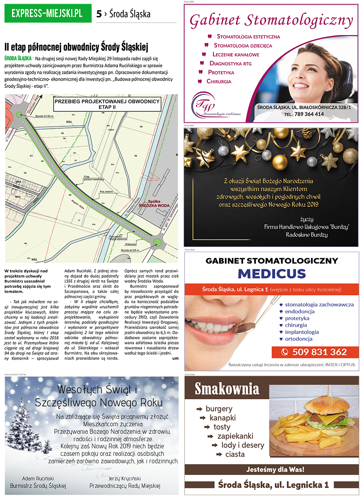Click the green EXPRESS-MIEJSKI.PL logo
[47, 13]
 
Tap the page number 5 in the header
[99, 14]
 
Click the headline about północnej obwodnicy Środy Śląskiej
[76, 47]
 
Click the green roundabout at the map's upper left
[20, 115]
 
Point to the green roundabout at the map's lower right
[157, 242]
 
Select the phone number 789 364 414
[310, 114]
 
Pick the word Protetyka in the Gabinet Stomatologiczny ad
[221, 72]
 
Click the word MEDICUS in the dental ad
[272, 274]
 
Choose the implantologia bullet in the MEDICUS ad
[302, 332]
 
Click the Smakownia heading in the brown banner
[227, 388]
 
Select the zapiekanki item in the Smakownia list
[235, 436]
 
